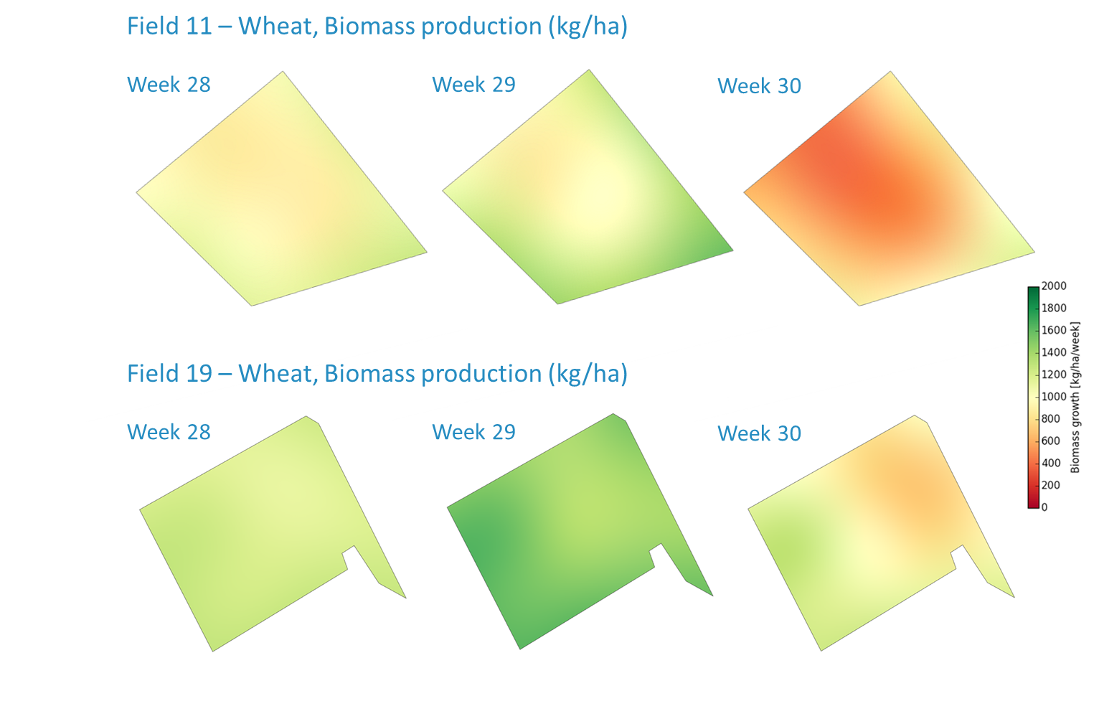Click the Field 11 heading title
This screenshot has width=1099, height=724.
click(x=377, y=27)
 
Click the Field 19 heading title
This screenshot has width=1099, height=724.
click(x=377, y=374)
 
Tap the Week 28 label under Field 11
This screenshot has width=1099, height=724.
click(x=169, y=85)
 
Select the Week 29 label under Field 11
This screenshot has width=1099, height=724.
click(x=474, y=85)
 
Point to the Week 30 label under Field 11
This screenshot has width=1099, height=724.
click(x=760, y=86)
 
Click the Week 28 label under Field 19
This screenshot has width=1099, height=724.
click(x=169, y=433)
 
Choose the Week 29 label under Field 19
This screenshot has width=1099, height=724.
click(x=474, y=433)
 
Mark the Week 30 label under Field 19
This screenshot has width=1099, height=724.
click(x=760, y=434)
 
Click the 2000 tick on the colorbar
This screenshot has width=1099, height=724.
click(x=1054, y=286)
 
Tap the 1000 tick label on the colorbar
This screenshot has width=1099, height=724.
click(x=1054, y=397)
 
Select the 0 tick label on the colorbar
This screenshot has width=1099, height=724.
click(x=1044, y=507)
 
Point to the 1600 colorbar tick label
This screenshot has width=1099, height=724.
click(x=1054, y=330)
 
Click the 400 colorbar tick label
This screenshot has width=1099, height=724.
click(x=1051, y=463)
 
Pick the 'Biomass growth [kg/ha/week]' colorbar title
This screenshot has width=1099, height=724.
click(x=1075, y=397)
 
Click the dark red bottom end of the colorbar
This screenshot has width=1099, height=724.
click(x=1033, y=506)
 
